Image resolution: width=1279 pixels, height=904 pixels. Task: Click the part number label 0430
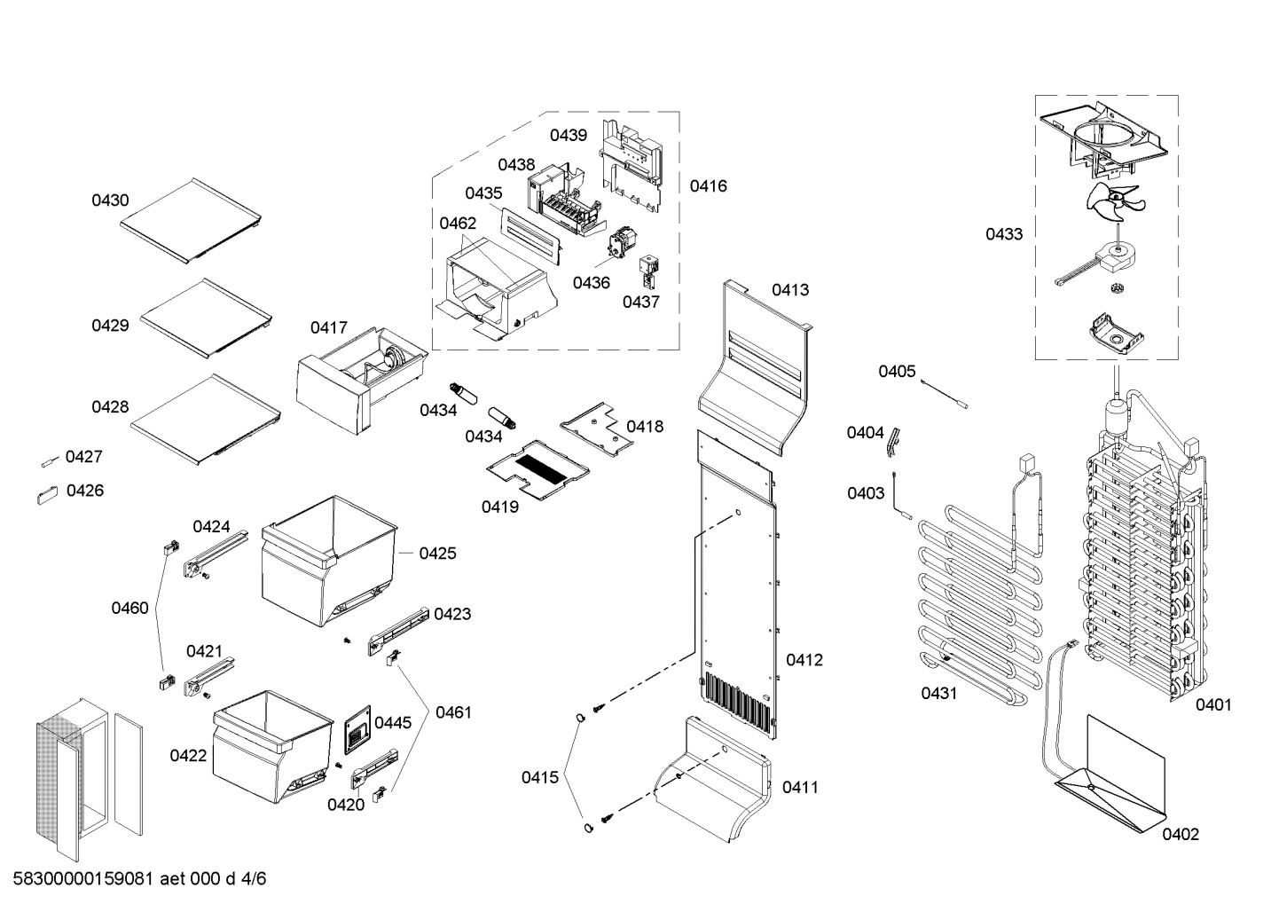click(x=110, y=200)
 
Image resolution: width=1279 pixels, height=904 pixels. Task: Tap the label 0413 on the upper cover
click(x=789, y=290)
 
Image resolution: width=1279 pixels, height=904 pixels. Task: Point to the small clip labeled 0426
click(x=46, y=495)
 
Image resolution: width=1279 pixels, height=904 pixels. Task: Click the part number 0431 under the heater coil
click(x=938, y=693)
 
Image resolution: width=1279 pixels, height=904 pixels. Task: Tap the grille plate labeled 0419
click(x=537, y=468)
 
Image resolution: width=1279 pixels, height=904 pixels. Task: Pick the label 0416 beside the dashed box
click(x=708, y=186)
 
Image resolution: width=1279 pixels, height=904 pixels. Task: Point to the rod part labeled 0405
click(x=944, y=392)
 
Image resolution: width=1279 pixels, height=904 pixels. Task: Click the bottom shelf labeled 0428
click(x=205, y=416)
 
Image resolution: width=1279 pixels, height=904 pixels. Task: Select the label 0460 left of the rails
click(x=129, y=608)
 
